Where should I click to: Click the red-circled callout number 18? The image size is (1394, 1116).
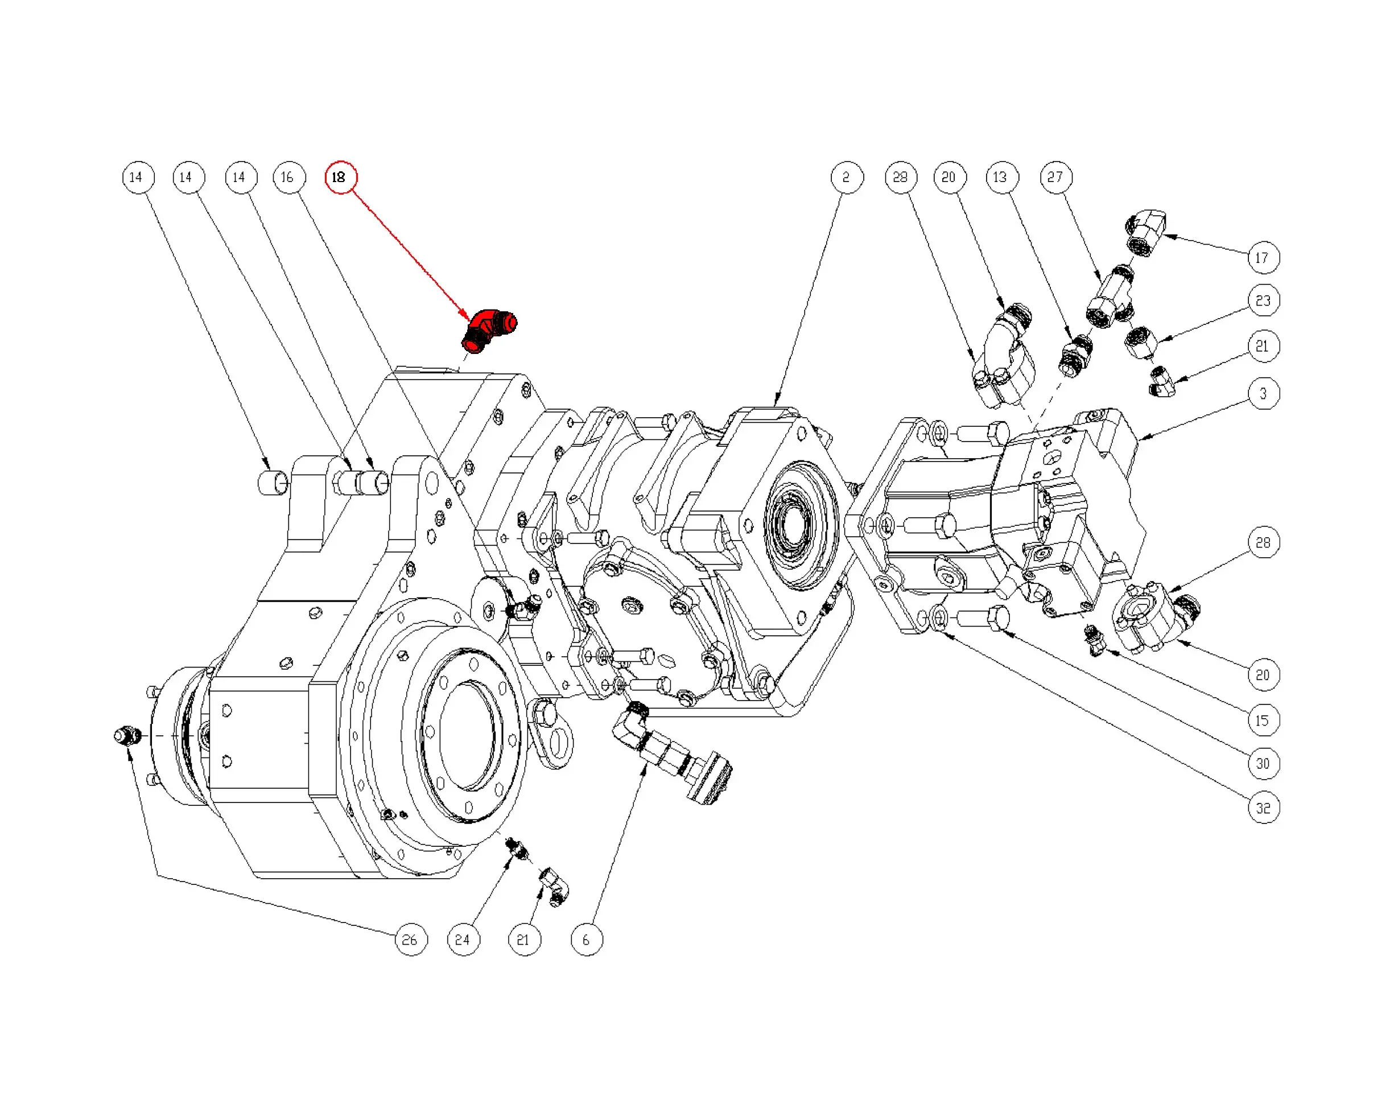[x=340, y=177]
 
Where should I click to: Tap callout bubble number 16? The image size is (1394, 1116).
[x=288, y=177]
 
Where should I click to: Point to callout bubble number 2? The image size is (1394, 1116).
[x=847, y=177]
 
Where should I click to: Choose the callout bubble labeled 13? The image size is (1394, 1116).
[x=1001, y=177]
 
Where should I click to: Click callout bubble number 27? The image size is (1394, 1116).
[x=1055, y=177]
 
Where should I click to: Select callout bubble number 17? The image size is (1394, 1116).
[x=1263, y=258]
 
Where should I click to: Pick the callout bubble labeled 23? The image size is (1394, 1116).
[x=1263, y=300]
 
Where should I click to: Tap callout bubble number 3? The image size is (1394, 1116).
[x=1263, y=393]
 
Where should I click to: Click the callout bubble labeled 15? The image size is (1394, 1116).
[x=1263, y=720]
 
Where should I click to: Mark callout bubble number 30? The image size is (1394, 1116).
[x=1263, y=764]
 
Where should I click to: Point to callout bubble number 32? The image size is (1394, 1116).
[x=1263, y=808]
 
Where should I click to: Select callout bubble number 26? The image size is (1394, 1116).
[x=411, y=940]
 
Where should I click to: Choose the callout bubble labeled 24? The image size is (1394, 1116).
[x=463, y=940]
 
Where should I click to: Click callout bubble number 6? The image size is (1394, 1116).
[x=587, y=940]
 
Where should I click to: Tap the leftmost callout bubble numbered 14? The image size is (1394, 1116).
[x=138, y=177]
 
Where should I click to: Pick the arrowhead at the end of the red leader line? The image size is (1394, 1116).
[x=469, y=317]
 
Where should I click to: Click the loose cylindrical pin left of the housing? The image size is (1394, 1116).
[x=274, y=483]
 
